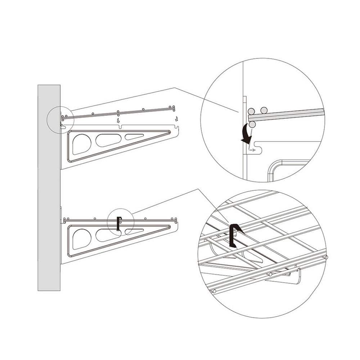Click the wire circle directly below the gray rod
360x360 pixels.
pyautogui.click(x=252, y=124)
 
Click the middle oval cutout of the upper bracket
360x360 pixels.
pyautogui.click(x=109, y=140)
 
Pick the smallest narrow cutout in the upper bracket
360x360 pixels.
pyautogui.click(x=134, y=136)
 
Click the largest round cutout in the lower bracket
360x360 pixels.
pyautogui.click(x=81, y=239)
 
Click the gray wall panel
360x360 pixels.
pyautogui.click(x=49, y=187)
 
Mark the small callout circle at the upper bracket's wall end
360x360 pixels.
pyautogui.click(x=60, y=120)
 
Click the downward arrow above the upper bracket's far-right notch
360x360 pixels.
pyautogui.click(x=176, y=118)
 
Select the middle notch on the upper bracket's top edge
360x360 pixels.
pyautogui.click(x=120, y=126)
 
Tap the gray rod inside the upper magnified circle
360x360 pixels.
pyautogui.click(x=288, y=114)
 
